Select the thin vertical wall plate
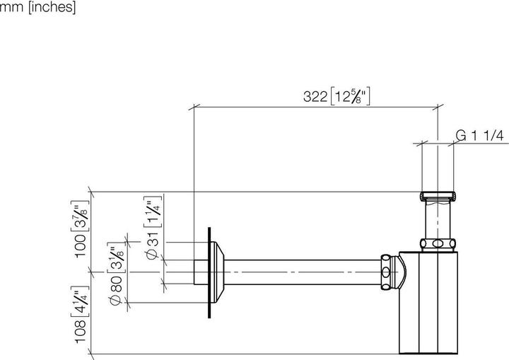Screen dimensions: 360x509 pos(209,271)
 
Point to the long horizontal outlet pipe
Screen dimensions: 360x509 pos(304,271)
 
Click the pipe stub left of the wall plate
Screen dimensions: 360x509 pos(201,271)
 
